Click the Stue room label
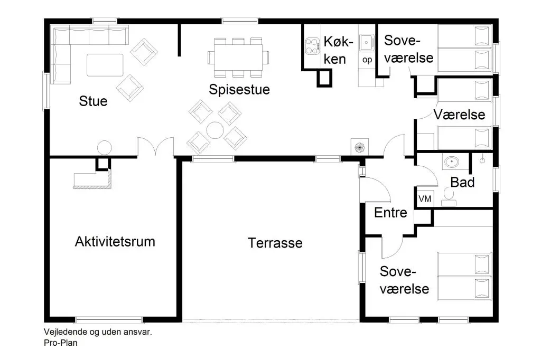pyautogui.click(x=93, y=101)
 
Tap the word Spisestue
pyautogui.click(x=239, y=90)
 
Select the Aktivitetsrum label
pyautogui.click(x=115, y=241)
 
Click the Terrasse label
pyautogui.click(x=275, y=243)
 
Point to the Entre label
pyautogui.click(x=390, y=212)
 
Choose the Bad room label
pyautogui.click(x=462, y=182)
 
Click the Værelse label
pyautogui.click(x=459, y=115)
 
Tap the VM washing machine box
pyautogui.click(x=425, y=198)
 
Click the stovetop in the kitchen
pyautogui.click(x=313, y=46)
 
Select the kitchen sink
pyautogui.click(x=367, y=42)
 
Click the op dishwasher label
pyautogui.click(x=367, y=60)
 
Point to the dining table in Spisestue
pyautogui.click(x=238, y=57)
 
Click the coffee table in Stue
pyautogui.click(x=105, y=65)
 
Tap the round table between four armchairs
pyautogui.click(x=215, y=130)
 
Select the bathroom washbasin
pyautogui.click(x=451, y=162)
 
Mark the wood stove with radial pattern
pyautogui.click(x=359, y=147)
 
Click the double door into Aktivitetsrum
pyautogui.click(x=155, y=147)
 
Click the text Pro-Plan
pyautogui.click(x=61, y=343)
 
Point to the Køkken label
pyautogui.click(x=338, y=50)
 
